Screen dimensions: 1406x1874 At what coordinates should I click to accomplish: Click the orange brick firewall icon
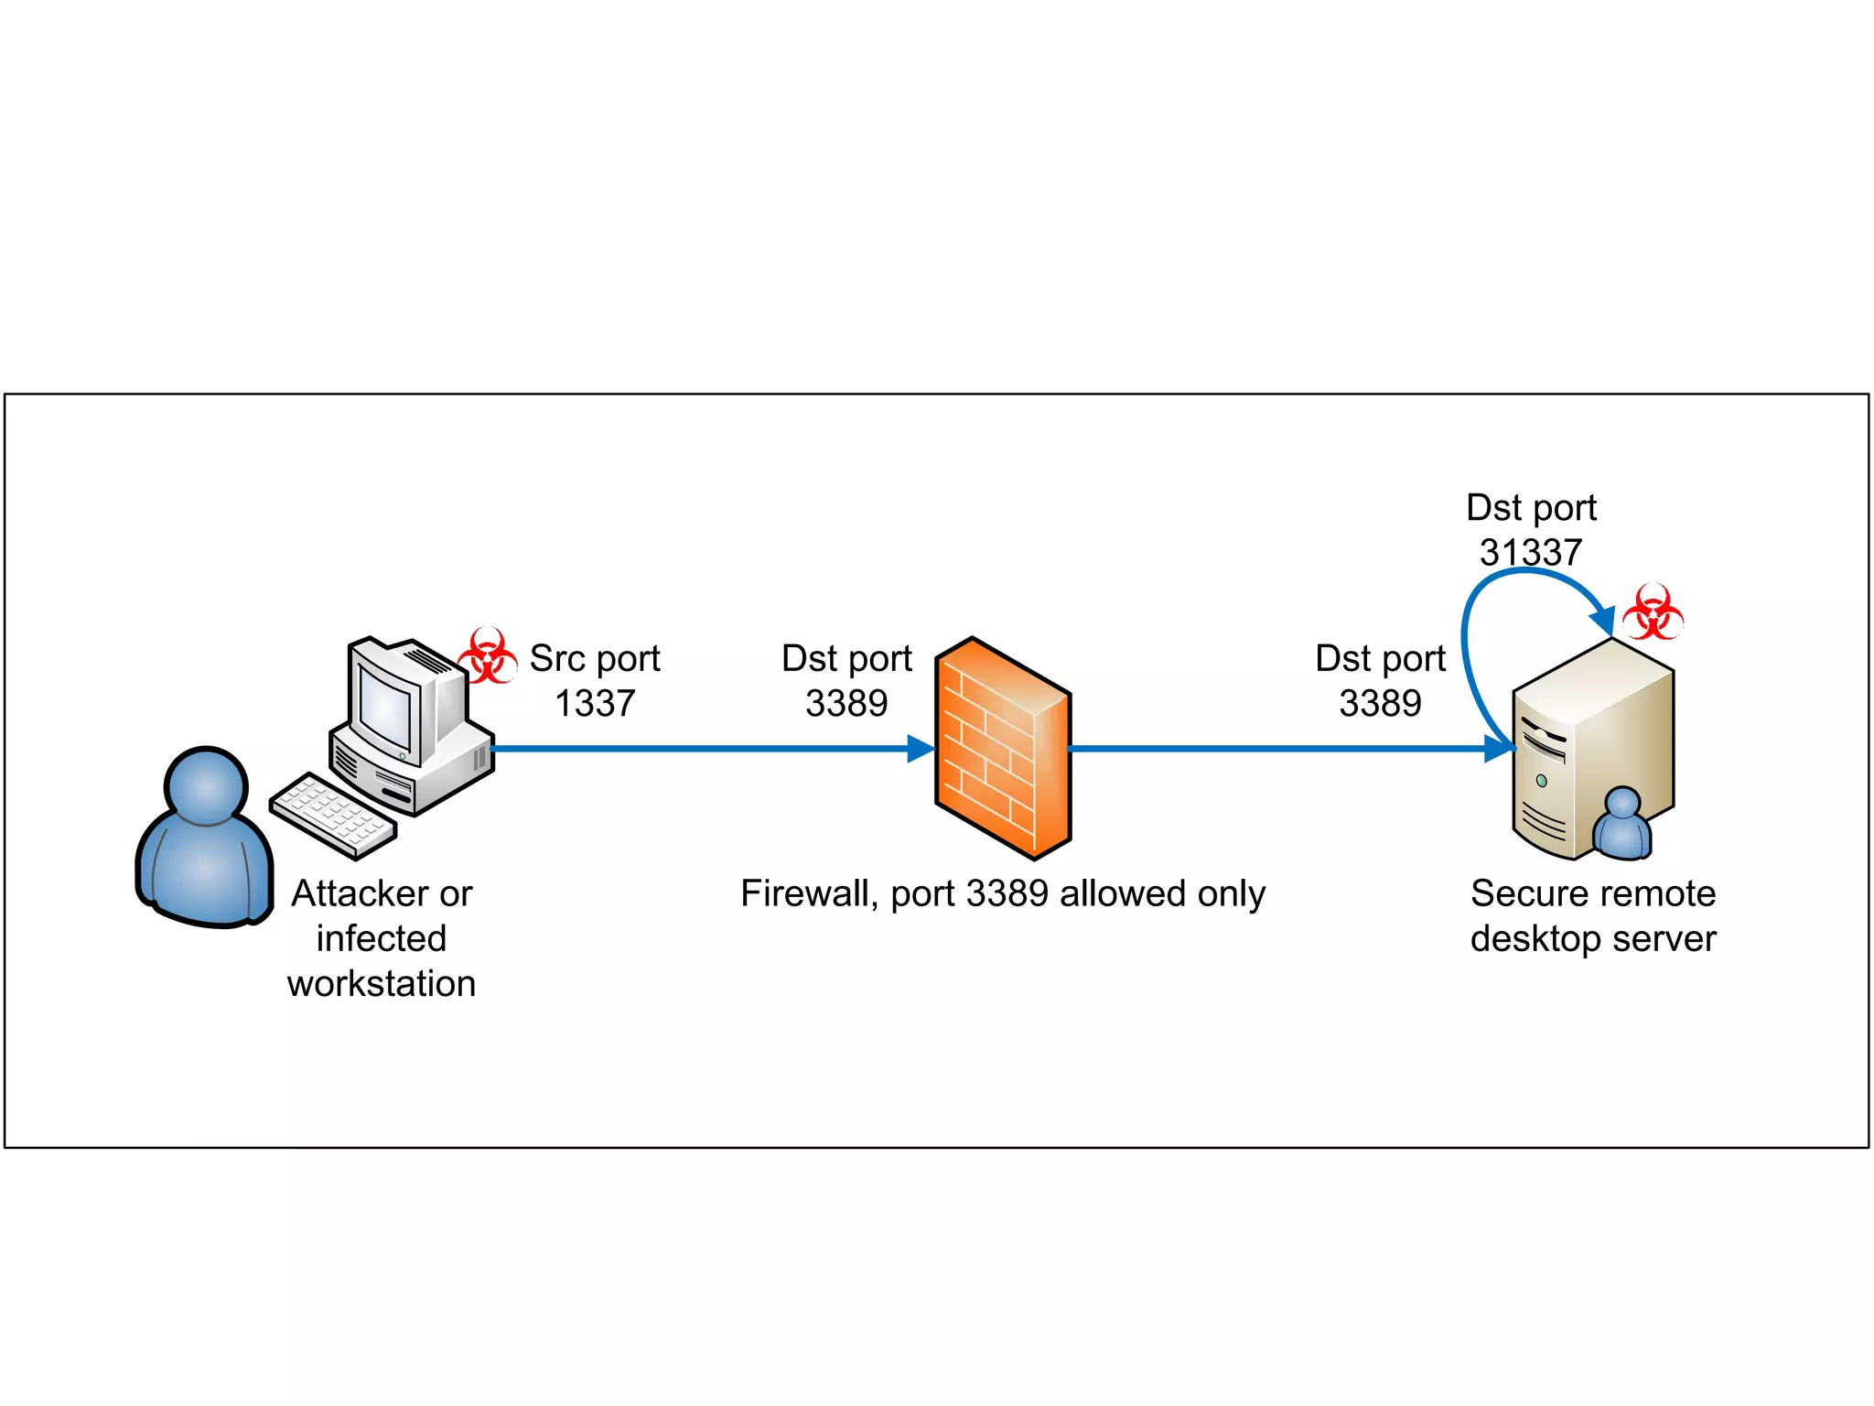(x=1002, y=749)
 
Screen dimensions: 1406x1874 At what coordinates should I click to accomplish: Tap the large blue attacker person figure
(x=205, y=842)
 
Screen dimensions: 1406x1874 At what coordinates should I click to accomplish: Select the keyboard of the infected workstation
(x=333, y=815)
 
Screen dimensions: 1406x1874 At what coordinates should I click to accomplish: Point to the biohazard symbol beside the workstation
(x=487, y=655)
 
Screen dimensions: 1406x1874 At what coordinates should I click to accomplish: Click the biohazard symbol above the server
(x=1653, y=611)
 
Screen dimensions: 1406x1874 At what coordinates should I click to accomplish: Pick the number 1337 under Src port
(x=595, y=703)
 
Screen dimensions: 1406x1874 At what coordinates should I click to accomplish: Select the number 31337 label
(x=1531, y=552)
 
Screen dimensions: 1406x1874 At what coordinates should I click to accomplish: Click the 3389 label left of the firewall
(x=846, y=703)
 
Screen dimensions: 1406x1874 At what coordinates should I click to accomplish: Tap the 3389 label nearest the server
(x=1380, y=703)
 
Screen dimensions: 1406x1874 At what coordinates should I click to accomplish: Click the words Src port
(x=595, y=658)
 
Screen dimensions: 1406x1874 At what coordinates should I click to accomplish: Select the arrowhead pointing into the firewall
(x=920, y=749)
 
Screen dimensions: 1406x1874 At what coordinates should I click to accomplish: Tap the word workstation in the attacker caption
(x=382, y=984)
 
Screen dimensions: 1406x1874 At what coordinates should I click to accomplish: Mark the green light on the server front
(x=1542, y=781)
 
